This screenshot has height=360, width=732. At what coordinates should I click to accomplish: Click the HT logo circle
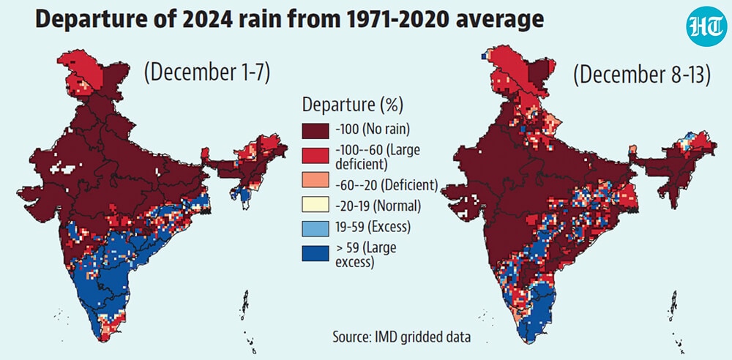pos(706,26)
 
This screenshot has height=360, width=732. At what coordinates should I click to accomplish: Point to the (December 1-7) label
pos(207,73)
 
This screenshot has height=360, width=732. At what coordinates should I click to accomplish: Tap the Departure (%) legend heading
pos(352,105)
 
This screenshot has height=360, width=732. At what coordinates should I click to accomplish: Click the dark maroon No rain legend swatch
pos(315,130)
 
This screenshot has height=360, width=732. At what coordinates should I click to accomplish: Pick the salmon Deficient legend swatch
pos(315,184)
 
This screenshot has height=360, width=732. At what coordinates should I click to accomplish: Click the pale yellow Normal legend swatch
pos(315,206)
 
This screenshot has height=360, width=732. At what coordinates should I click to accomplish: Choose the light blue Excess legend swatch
pos(315,228)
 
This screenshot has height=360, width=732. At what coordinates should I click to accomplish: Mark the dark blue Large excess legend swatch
pos(315,252)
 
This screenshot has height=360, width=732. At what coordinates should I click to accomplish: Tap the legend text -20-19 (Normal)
pos(378,206)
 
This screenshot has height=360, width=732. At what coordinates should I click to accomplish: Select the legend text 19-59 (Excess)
pos(373,228)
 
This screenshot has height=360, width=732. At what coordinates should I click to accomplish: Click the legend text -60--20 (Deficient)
pos(386,184)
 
